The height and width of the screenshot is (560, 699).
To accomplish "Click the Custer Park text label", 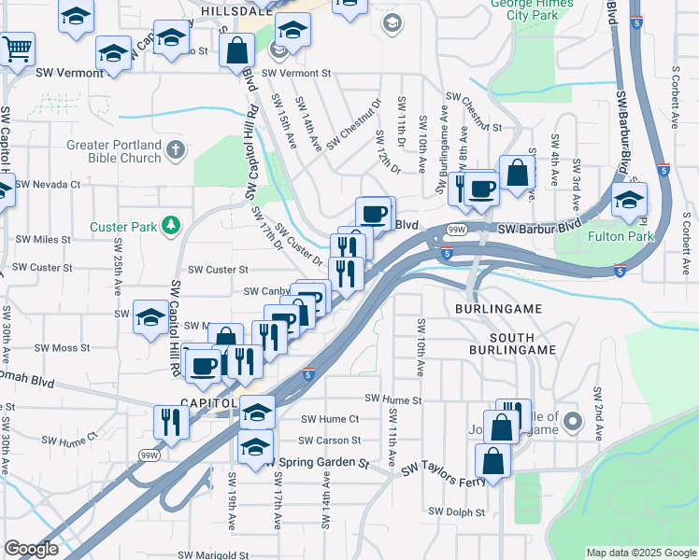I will [122, 226].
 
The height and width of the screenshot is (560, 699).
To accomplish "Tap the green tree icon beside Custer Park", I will [170, 225].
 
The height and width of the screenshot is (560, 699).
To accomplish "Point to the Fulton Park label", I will [621, 236].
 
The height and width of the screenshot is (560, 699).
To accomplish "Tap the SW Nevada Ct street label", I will [48, 185].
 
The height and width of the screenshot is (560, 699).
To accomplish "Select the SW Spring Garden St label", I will [318, 462].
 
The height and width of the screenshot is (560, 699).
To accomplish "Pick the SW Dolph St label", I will [457, 511].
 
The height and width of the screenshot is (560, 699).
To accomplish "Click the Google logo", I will [31, 549].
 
